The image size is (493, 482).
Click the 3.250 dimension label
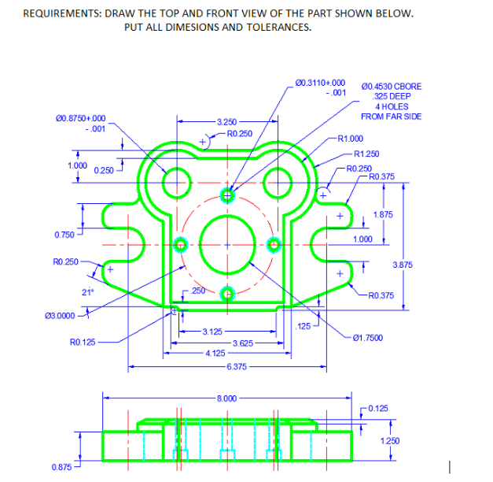226,123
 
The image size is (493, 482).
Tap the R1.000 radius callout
351,139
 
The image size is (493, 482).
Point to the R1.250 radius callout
367,154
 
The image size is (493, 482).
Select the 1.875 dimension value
384,214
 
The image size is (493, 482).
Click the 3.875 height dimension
403,265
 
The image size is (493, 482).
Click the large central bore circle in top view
228,244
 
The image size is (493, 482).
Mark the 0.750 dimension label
65,235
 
